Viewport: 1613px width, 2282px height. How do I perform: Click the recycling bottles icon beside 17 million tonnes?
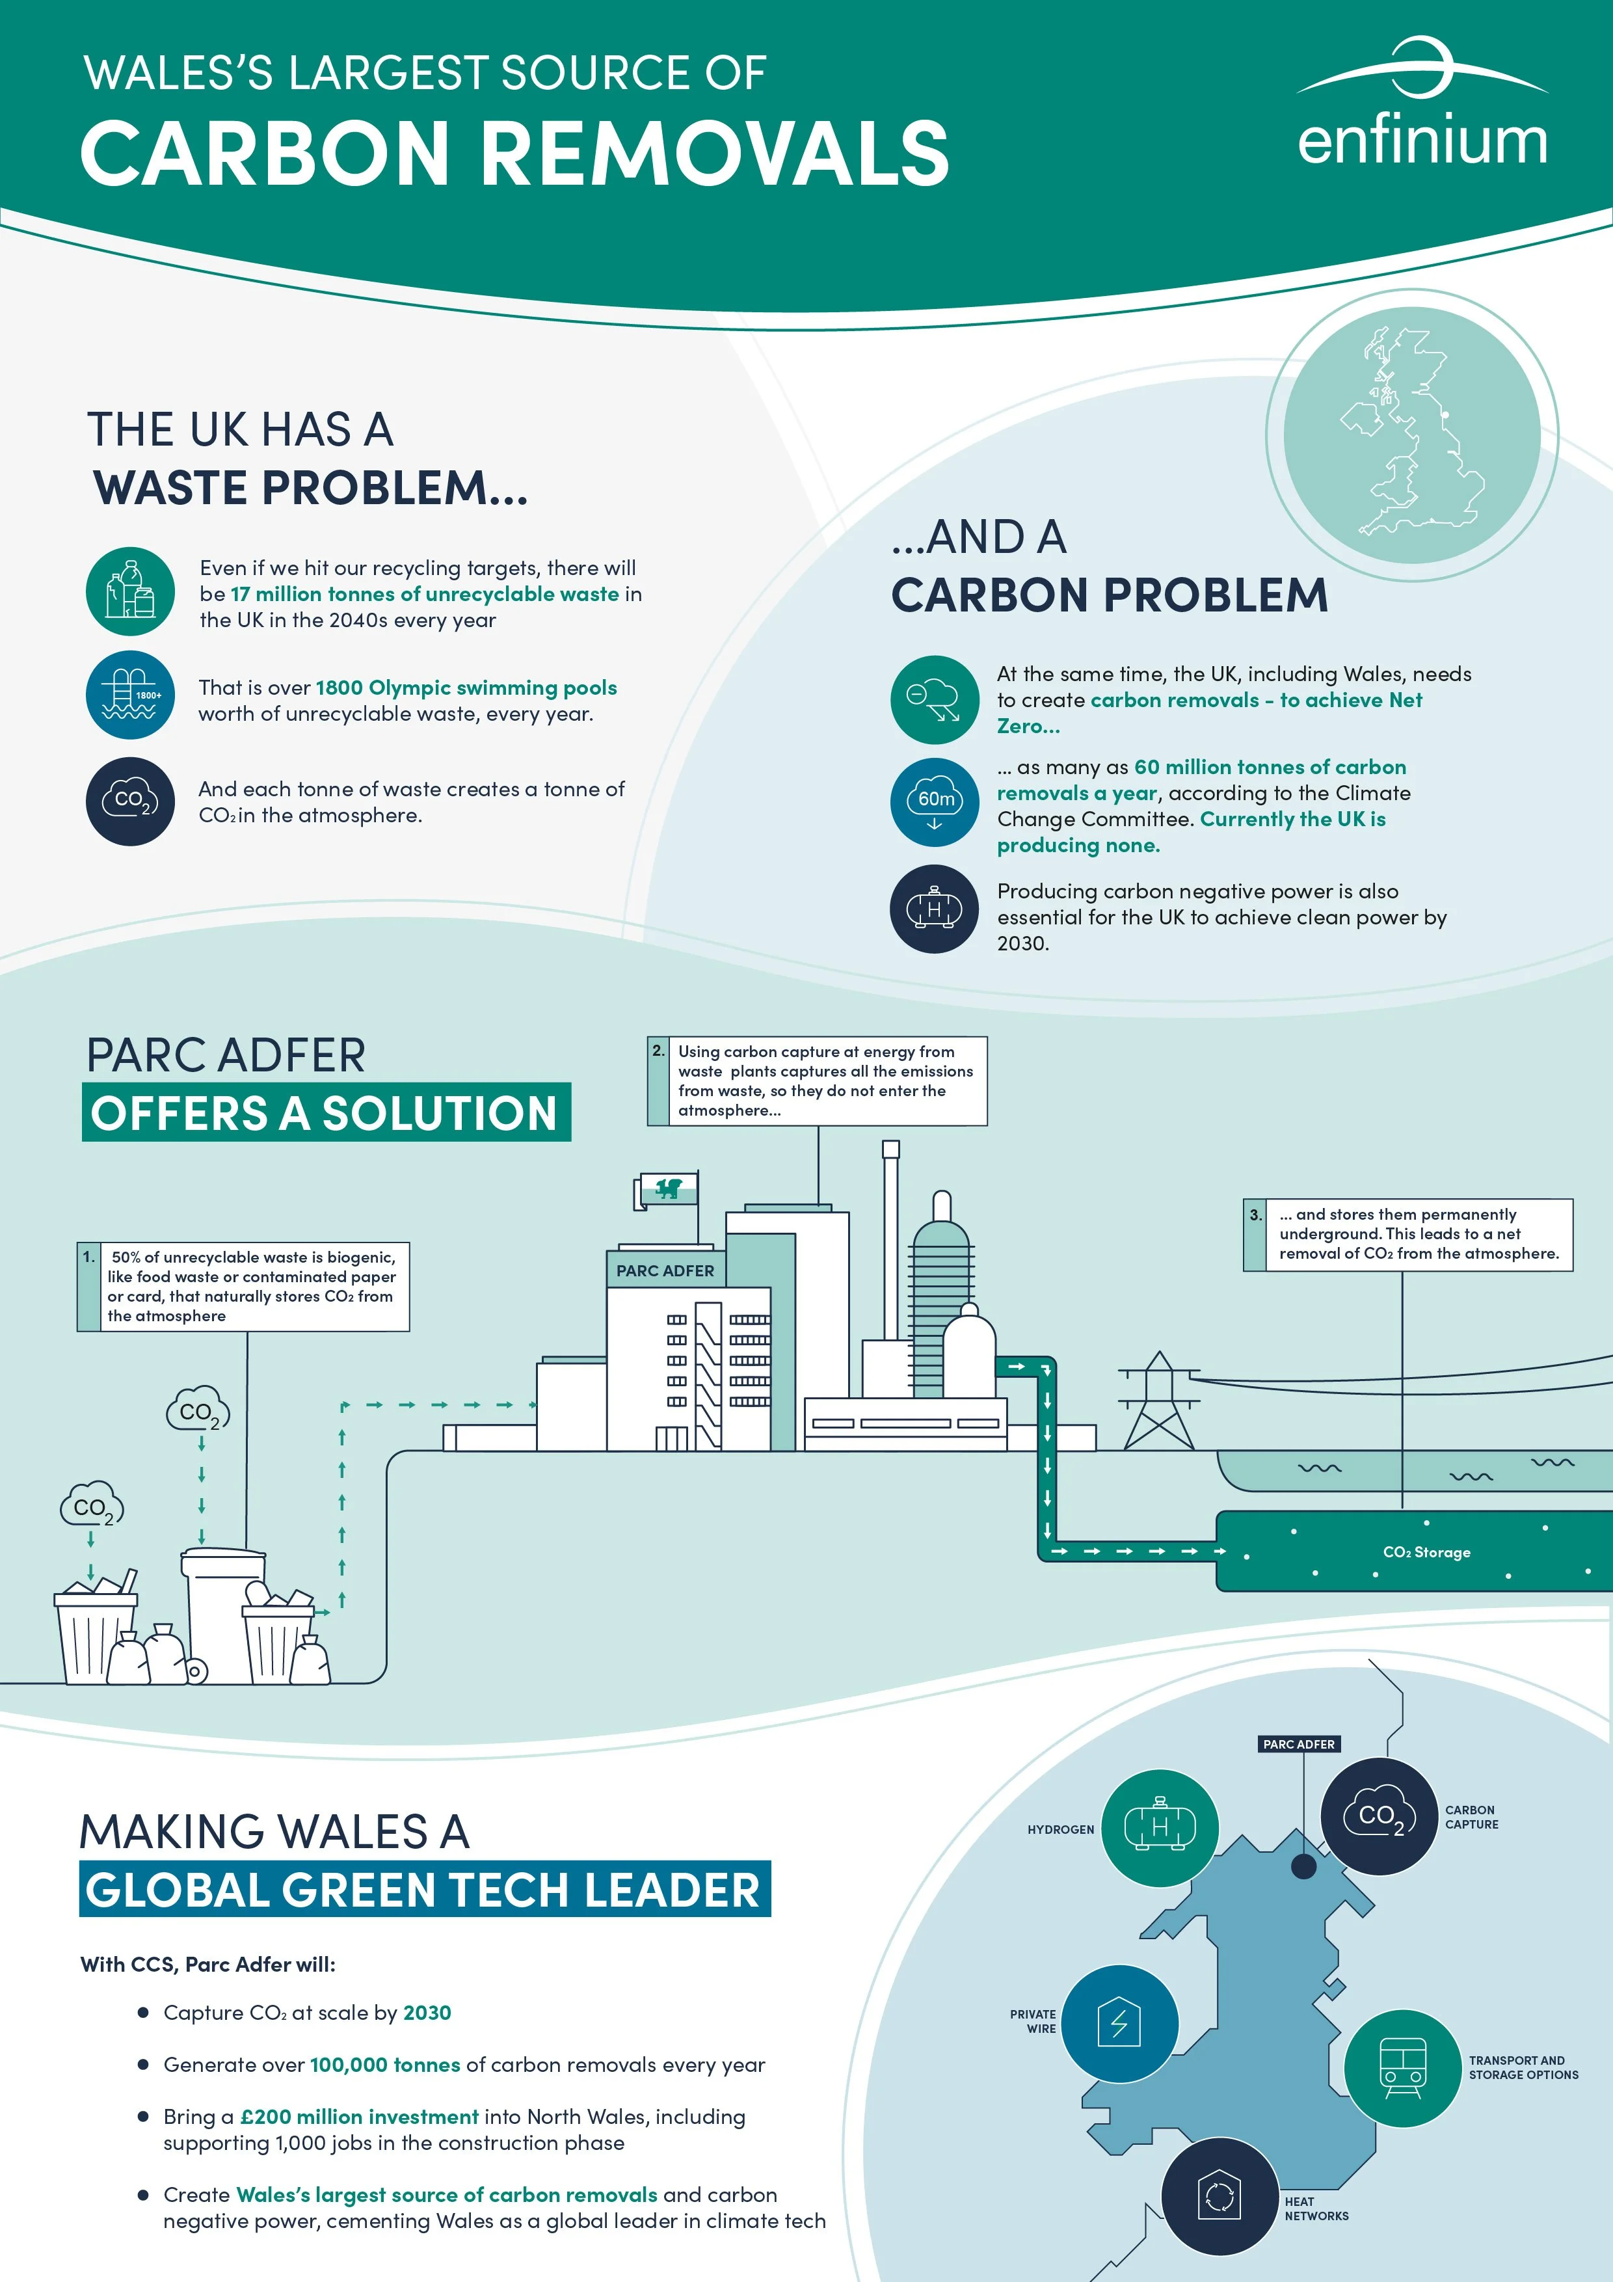(x=130, y=591)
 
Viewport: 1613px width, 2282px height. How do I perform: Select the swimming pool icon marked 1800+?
(x=130, y=695)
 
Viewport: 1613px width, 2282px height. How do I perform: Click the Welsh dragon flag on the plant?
(x=667, y=1188)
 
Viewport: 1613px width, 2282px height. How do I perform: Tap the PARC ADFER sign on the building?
(x=665, y=1270)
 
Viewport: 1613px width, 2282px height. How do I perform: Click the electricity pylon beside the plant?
(x=1158, y=1401)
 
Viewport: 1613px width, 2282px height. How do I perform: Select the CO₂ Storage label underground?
(x=1426, y=1553)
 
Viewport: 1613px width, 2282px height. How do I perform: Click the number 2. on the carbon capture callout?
(x=659, y=1051)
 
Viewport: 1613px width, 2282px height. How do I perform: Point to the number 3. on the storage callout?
(x=1255, y=1214)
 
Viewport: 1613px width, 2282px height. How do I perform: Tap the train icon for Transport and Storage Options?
(x=1402, y=2069)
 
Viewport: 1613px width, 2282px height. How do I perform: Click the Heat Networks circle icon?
(x=1220, y=2197)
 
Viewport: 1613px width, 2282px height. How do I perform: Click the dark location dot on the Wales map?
(x=1303, y=1866)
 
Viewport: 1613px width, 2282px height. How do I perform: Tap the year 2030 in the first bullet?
(x=427, y=2013)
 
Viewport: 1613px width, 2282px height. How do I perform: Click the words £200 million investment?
(x=360, y=2117)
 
